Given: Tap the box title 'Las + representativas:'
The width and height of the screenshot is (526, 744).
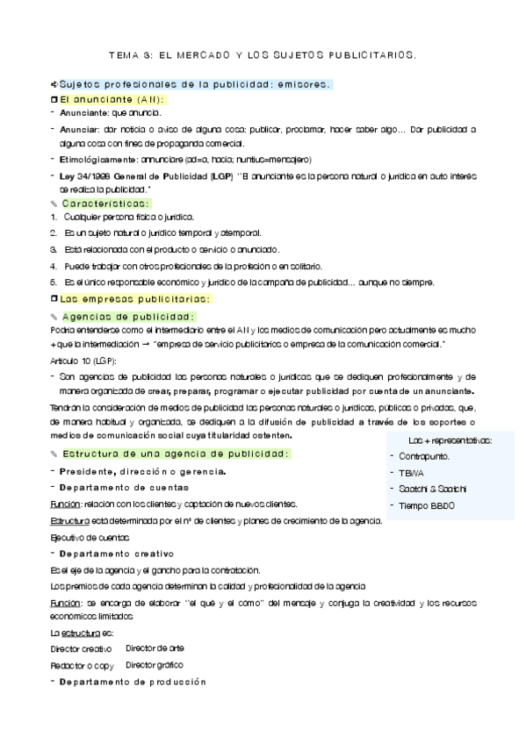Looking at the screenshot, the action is click(x=450, y=440).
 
